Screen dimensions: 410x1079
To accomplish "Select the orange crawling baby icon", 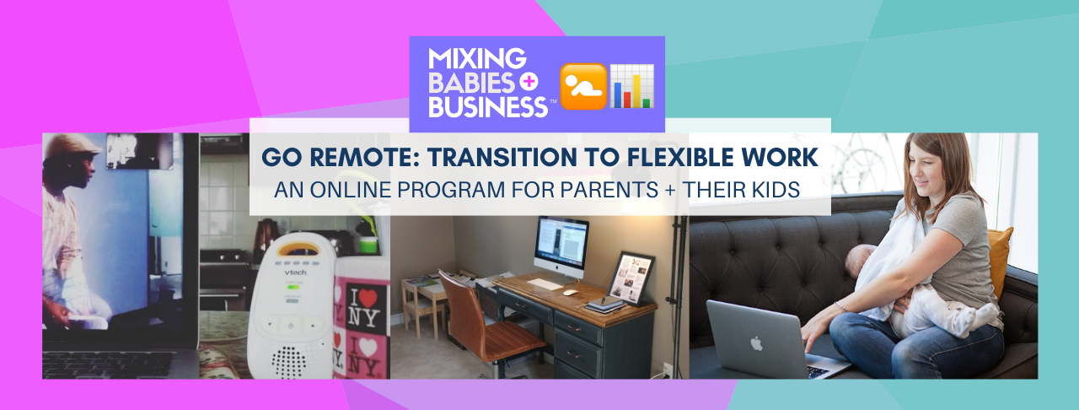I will (x=583, y=85).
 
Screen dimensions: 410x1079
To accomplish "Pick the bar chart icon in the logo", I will (x=632, y=85).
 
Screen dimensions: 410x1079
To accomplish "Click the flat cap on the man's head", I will (x=74, y=146).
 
